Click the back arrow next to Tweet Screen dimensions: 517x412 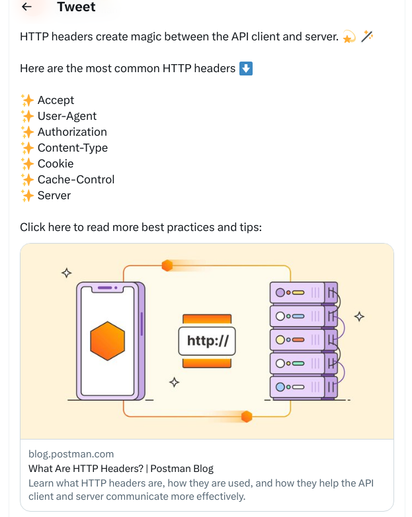[x=27, y=7]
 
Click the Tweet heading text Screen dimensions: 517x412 [x=76, y=7]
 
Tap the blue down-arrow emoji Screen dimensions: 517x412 [x=246, y=68]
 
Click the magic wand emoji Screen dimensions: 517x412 [x=367, y=37]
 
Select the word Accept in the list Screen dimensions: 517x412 [x=56, y=100]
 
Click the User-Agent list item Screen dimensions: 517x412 [x=67, y=116]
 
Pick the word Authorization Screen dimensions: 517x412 [x=72, y=132]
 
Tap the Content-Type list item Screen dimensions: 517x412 [x=72, y=148]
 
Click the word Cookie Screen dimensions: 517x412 [x=56, y=164]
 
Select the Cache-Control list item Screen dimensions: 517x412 [x=76, y=179]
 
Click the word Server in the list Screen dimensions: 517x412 [x=54, y=195]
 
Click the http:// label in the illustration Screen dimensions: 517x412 [x=207, y=342]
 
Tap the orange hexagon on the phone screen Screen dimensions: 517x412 [x=108, y=340]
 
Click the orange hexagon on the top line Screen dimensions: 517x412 [x=167, y=265]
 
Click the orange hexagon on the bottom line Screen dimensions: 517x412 [x=247, y=416]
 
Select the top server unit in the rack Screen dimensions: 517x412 [x=304, y=292]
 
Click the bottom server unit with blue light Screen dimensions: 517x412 [x=304, y=387]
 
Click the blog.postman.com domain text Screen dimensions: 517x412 [x=71, y=454]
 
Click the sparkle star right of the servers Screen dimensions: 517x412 [x=360, y=316]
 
